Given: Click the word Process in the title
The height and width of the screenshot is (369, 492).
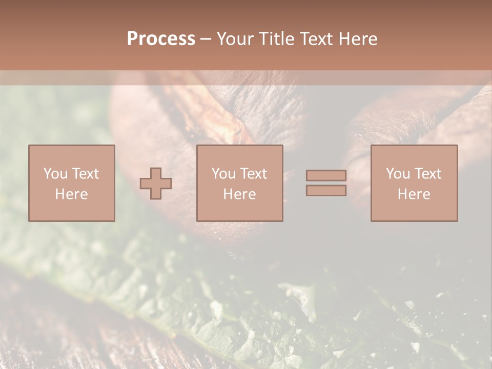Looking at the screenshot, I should click(161, 39).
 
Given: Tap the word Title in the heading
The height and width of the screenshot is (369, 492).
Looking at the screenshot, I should click(275, 39).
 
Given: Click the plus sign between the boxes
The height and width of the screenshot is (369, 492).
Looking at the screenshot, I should click(156, 183).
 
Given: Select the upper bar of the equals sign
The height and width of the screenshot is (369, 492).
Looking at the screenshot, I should click(326, 175).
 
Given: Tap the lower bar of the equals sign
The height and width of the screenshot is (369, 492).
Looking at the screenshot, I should click(326, 191).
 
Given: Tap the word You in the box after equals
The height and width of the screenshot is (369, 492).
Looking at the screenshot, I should click(397, 174).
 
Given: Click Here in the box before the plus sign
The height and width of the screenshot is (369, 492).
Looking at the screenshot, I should click(72, 194).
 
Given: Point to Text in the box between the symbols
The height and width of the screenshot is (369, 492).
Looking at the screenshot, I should click(255, 174).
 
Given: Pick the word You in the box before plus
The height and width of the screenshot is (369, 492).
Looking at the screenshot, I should click(55, 174).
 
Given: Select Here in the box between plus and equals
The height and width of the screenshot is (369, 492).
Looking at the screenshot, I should click(240, 194).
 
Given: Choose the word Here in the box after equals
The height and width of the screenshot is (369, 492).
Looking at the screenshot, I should click(414, 194).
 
